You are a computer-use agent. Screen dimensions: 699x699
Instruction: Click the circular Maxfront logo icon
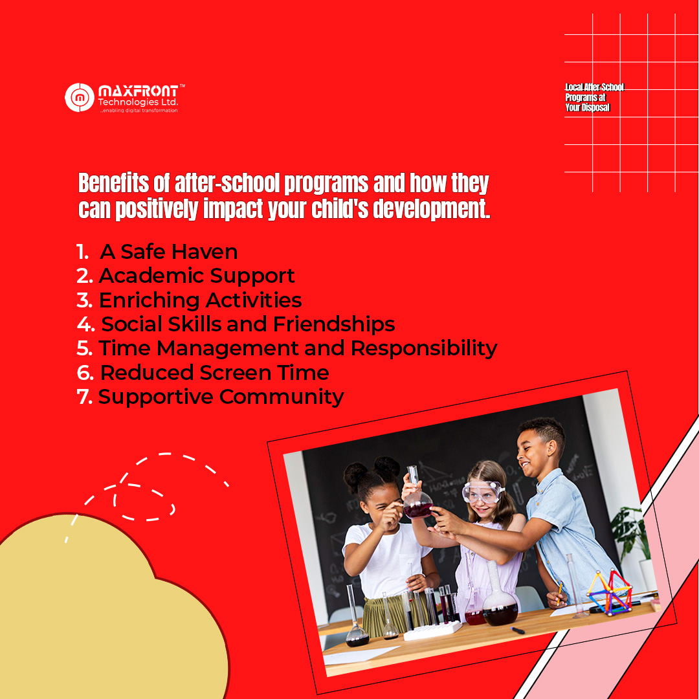[x=80, y=97]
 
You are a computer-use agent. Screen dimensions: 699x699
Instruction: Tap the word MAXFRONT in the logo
[x=138, y=91]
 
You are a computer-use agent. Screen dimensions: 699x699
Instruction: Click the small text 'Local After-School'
[x=594, y=87]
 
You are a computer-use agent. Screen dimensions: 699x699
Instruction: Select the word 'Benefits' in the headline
[x=114, y=183]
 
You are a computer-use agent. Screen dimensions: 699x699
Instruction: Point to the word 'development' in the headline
[x=431, y=209]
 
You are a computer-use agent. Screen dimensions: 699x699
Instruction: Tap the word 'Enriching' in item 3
[x=149, y=300]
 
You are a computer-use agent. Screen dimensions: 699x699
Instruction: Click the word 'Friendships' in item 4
[x=334, y=324]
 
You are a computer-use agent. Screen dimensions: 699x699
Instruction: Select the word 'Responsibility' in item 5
[x=424, y=349]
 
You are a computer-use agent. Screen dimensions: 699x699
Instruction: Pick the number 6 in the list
[x=85, y=373]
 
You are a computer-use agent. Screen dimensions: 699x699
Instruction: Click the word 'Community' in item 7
[x=282, y=397]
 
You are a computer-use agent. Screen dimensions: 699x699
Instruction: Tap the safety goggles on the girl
[x=482, y=492]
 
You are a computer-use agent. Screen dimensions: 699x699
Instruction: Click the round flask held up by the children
[x=417, y=495]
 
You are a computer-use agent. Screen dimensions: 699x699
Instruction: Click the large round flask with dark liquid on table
[x=500, y=599]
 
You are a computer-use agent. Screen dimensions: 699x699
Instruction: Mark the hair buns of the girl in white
[x=372, y=471]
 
